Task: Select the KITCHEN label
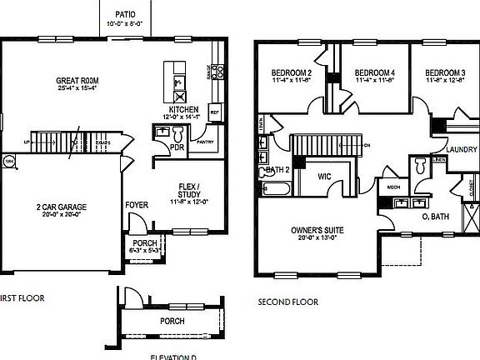(183, 109)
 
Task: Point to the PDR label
(176, 147)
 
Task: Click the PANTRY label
(204, 142)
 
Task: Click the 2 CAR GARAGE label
(62, 207)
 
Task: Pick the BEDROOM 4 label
(368, 74)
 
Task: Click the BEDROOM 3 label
(443, 74)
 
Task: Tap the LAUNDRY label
(461, 150)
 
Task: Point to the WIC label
(326, 176)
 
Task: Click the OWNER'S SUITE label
(314, 230)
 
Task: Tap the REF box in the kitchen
(214, 112)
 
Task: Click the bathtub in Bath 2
(274, 189)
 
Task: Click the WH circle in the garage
(11, 160)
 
